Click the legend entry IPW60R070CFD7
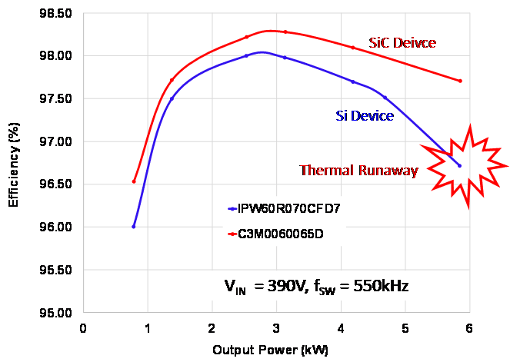282,208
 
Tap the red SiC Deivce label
402,43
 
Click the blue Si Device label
365,116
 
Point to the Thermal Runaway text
358,171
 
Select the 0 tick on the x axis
83,329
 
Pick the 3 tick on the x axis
275,329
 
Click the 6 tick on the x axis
468,329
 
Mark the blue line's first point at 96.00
134,227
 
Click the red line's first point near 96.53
134,181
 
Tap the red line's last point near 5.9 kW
460,81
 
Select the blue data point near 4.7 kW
385,98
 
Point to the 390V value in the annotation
282,287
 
